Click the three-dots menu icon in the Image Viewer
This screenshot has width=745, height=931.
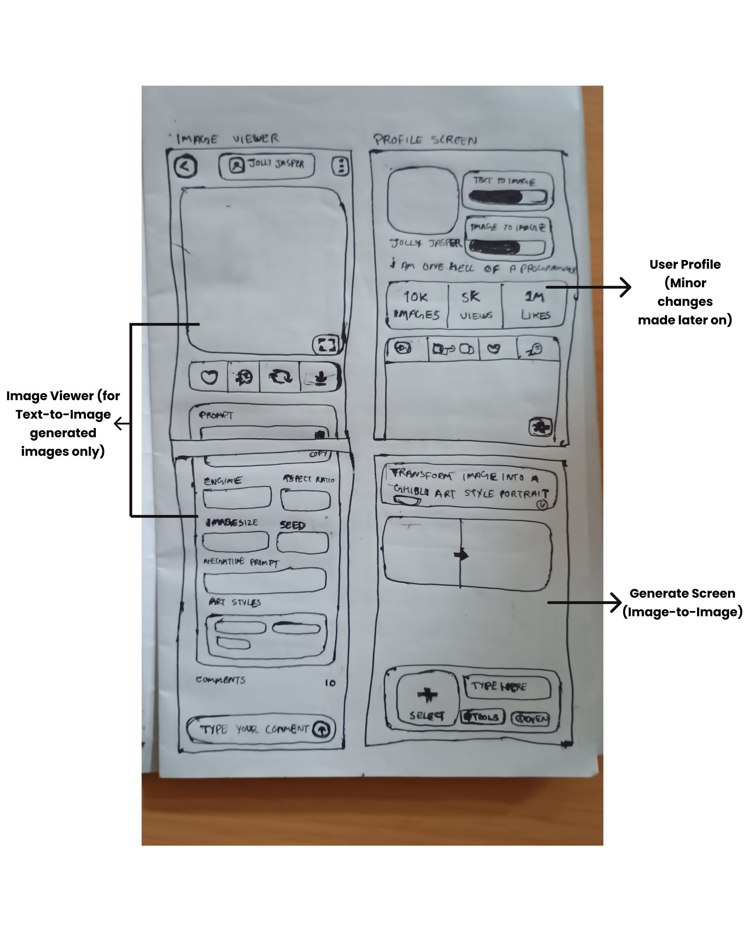(x=341, y=166)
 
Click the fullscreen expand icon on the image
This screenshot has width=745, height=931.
(x=326, y=344)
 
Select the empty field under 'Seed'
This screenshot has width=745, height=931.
(x=302, y=543)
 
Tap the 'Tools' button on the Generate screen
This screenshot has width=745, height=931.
(x=482, y=717)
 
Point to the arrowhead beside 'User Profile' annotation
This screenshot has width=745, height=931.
(x=625, y=287)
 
